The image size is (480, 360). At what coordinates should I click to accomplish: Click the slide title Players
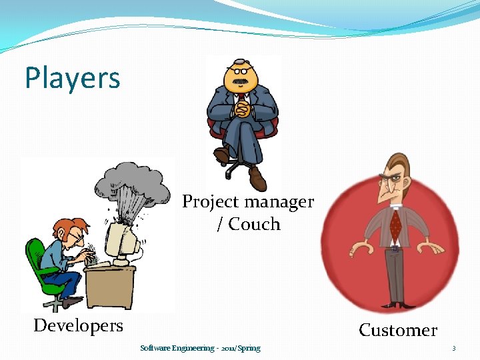72,78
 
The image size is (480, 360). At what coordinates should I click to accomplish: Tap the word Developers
78,325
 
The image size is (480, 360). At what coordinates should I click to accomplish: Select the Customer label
398,330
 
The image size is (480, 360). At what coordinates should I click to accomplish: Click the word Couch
254,225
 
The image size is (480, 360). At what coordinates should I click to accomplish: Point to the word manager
281,201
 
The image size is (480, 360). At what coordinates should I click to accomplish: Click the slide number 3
453,348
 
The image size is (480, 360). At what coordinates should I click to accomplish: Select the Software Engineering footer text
200,348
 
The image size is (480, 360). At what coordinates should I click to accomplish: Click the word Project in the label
207,201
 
